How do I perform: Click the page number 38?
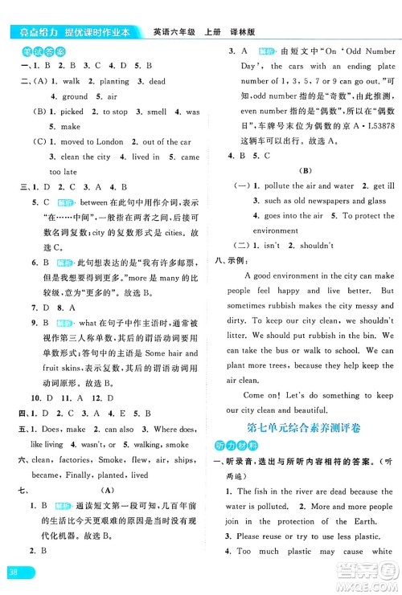pos(14,572)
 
